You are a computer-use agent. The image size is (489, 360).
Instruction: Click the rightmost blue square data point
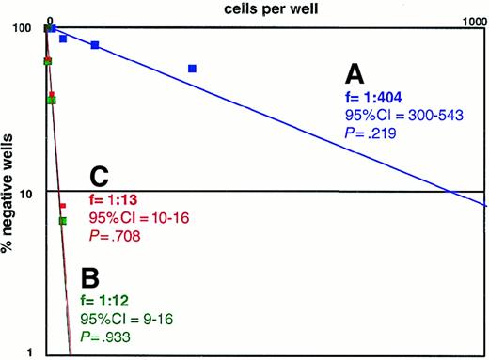pyautogui.click(x=192, y=69)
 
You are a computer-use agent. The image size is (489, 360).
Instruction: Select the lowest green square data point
pyautogui.click(x=62, y=221)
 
